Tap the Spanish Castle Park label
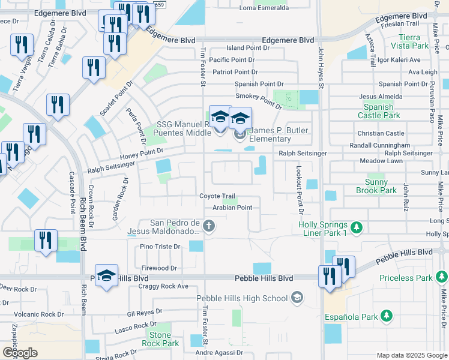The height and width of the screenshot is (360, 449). tap(379, 111)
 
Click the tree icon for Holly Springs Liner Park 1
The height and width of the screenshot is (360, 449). tap(357, 227)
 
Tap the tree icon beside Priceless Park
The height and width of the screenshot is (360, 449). tap(442, 277)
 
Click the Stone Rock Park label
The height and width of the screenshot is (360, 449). tap(160, 340)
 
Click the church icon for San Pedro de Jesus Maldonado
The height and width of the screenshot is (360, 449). tap(208, 226)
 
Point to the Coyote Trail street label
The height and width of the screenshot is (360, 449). tap(217, 196)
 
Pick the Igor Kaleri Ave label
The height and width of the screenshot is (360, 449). tap(399, 60)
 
